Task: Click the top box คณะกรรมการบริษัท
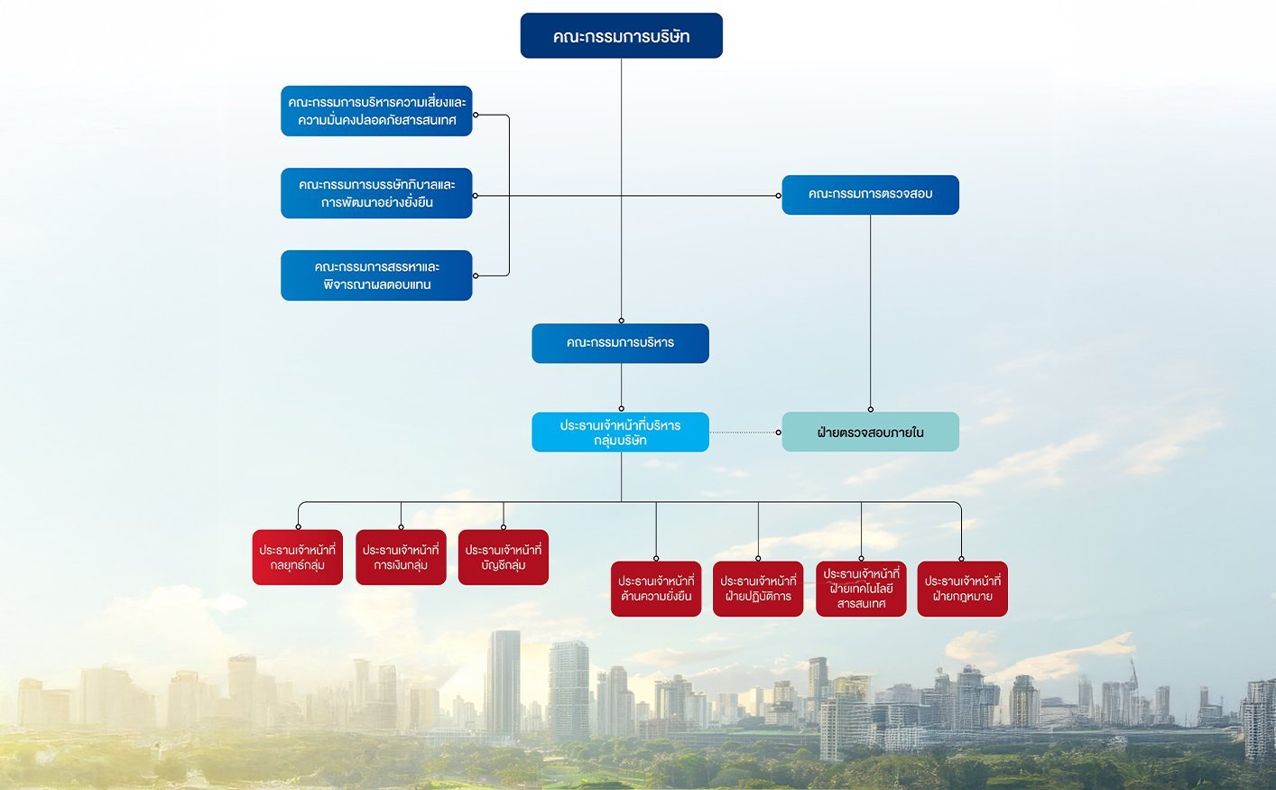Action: (x=621, y=36)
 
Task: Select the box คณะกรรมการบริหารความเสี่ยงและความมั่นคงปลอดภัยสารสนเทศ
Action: (x=376, y=111)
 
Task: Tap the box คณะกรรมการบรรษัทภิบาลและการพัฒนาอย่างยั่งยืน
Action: (x=376, y=193)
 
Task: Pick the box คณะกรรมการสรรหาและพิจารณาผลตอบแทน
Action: (x=376, y=275)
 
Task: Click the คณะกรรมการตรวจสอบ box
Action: (x=870, y=195)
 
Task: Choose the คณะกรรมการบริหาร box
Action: (x=620, y=343)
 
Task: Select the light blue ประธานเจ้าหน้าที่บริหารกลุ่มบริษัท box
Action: (x=620, y=432)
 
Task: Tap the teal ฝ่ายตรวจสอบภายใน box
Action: (x=870, y=432)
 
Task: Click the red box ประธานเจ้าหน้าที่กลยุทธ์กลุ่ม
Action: (x=298, y=557)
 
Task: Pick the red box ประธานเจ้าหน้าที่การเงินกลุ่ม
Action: (x=401, y=557)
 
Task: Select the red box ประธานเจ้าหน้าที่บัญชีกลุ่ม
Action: (x=504, y=557)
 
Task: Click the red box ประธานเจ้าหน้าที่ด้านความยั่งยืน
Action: (x=656, y=589)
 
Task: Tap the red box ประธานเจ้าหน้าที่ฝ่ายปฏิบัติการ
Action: (x=758, y=589)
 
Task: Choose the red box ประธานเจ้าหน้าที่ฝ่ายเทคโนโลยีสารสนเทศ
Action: (x=861, y=589)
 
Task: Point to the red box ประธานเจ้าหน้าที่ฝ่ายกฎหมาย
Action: (x=962, y=589)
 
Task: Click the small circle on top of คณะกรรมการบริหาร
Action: (x=621, y=321)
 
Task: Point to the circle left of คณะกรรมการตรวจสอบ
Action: (x=779, y=195)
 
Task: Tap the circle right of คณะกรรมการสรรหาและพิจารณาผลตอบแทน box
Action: (x=476, y=275)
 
